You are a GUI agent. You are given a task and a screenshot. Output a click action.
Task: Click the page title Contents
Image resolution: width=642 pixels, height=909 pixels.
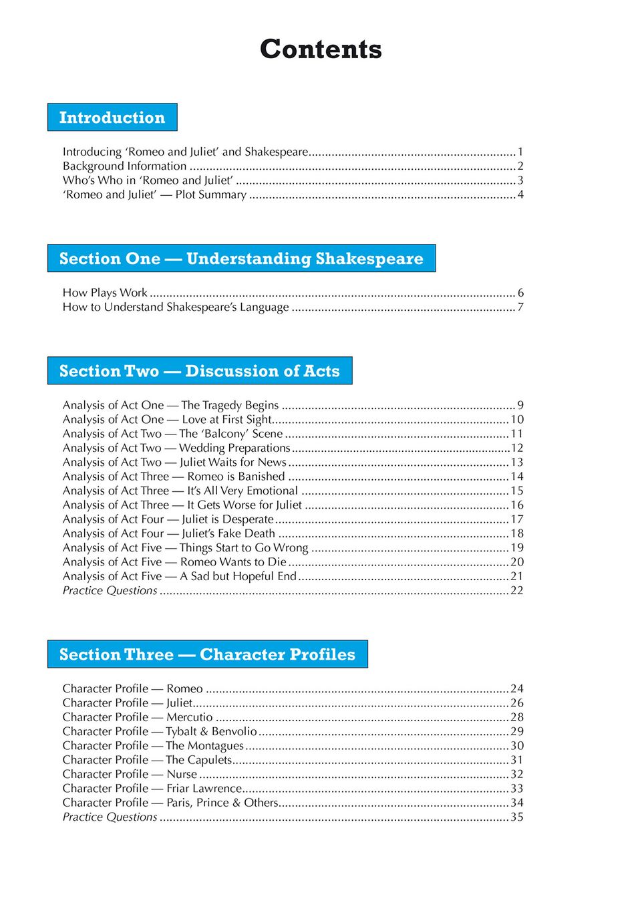[x=321, y=49]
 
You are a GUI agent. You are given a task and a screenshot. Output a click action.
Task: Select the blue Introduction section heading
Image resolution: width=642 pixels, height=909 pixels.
[x=112, y=118]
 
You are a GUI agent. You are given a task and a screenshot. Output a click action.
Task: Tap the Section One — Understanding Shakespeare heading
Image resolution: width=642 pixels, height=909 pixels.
[x=241, y=259]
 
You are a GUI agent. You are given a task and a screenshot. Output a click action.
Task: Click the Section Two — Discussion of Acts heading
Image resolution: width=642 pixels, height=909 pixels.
[x=200, y=371]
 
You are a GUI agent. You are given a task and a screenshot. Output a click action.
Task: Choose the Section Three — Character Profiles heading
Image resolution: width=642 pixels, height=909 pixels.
[x=207, y=654]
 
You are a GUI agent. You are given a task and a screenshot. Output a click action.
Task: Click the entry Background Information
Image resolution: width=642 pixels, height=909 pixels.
[x=125, y=166]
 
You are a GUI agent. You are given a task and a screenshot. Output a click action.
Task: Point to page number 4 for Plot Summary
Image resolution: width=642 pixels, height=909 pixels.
[x=520, y=194]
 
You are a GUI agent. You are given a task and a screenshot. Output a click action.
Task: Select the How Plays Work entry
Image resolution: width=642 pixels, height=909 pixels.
[x=105, y=293]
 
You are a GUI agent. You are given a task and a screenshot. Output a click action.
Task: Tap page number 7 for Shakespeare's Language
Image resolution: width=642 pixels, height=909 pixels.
[x=520, y=307]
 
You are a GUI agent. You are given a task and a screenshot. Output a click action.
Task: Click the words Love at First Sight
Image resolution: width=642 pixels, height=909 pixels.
[x=226, y=420]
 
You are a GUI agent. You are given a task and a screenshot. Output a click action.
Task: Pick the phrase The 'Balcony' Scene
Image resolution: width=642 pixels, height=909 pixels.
[x=231, y=434]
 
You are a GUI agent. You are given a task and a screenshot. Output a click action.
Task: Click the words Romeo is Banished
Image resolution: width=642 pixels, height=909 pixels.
[x=236, y=477]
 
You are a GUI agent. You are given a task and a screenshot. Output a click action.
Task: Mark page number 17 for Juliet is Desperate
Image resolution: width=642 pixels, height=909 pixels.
[x=517, y=519]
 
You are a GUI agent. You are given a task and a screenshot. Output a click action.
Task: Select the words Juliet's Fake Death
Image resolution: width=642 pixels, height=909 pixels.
[x=228, y=533]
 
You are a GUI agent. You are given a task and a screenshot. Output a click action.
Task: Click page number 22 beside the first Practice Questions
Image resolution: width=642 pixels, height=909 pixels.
[x=517, y=590]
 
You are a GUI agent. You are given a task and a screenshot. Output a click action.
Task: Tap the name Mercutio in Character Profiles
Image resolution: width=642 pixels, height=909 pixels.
[x=190, y=717]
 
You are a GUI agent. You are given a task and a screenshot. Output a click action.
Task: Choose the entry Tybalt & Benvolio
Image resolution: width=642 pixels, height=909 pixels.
[x=211, y=731]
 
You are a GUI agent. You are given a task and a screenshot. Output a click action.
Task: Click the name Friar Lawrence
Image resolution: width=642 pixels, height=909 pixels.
[x=204, y=789]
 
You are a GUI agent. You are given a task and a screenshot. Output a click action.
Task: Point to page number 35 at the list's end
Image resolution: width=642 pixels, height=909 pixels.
[x=517, y=817]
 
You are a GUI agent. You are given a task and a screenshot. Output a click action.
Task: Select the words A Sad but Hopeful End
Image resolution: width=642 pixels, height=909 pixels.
[x=238, y=576]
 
